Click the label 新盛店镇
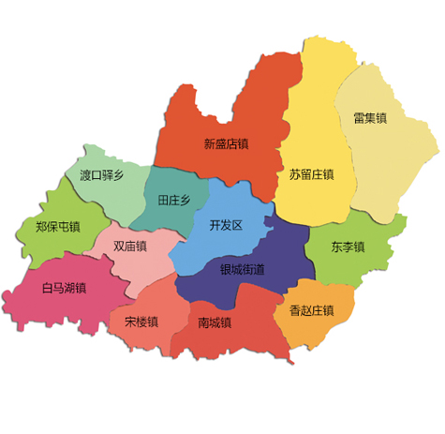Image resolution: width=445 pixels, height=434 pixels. coord(226,144)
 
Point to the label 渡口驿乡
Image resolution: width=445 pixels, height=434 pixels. coord(101,174)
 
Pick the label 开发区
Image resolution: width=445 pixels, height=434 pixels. coord(226,225)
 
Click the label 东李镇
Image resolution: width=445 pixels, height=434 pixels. coord(348,247)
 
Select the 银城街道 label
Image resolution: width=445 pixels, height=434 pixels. coord(242,269)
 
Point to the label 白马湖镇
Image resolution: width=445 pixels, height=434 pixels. coord(64,288)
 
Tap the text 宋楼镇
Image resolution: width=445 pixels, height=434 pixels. coord(141,322)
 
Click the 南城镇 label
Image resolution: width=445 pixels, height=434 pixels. coord(215,322)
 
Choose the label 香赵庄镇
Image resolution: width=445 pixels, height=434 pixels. coord(311,310)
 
